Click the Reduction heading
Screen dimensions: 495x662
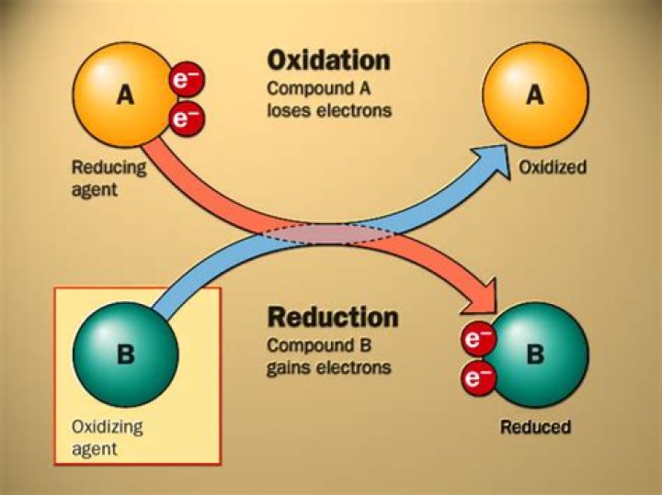click(x=333, y=318)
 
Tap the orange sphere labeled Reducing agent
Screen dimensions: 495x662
click(x=120, y=94)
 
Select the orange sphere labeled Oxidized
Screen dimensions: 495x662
click(x=534, y=95)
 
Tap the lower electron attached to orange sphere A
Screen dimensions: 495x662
click(x=188, y=118)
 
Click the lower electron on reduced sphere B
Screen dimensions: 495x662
click(x=476, y=376)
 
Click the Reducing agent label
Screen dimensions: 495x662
click(x=108, y=178)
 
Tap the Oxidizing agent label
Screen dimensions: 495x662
click(x=107, y=438)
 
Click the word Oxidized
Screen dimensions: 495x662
click(x=553, y=168)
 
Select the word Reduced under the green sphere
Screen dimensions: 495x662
click(x=535, y=427)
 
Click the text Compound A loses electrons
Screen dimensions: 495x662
click(x=329, y=100)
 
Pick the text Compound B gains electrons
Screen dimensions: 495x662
click(x=329, y=357)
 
